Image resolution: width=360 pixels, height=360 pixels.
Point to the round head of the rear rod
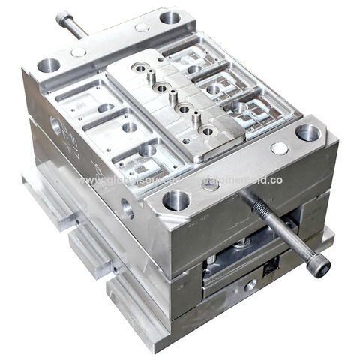click(x=63, y=16)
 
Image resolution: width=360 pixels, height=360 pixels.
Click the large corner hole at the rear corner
click(x=170, y=16)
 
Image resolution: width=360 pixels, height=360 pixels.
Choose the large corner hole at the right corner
click(x=308, y=133)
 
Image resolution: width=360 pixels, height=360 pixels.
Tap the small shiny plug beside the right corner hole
click(x=280, y=148)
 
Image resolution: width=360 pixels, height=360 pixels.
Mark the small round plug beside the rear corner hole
click(x=142, y=28)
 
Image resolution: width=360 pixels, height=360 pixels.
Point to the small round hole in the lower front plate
click(x=250, y=284)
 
